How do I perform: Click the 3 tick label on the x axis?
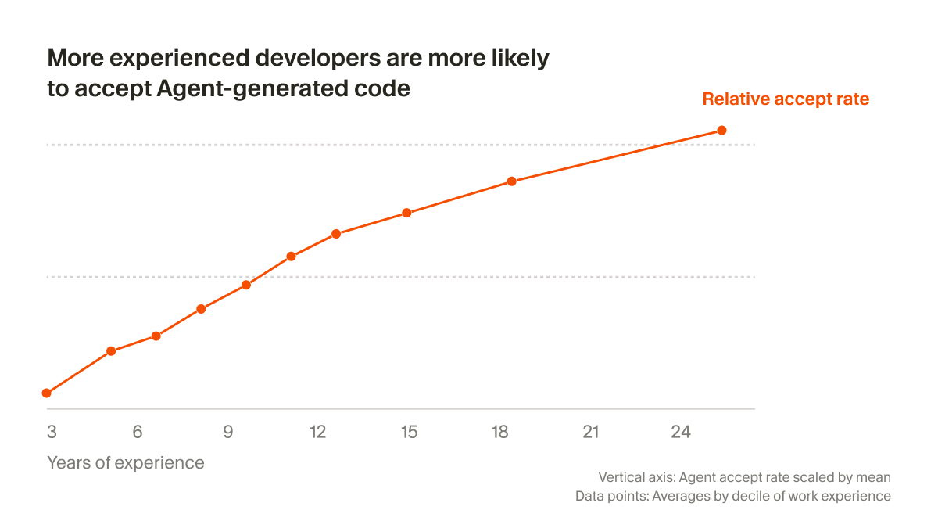tap(52, 432)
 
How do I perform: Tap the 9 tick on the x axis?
tap(228, 432)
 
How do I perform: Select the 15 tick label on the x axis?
tap(410, 432)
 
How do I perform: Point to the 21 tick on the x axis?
tap(590, 432)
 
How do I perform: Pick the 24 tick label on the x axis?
tap(681, 432)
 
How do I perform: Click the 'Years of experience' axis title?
tap(126, 462)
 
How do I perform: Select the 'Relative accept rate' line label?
tap(786, 99)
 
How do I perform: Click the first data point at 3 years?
tap(47, 393)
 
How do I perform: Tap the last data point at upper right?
tap(721, 130)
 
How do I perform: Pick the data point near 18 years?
tap(512, 181)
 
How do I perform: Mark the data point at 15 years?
tap(406, 213)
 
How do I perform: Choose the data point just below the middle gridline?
tap(246, 285)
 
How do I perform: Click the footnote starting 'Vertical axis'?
tap(744, 476)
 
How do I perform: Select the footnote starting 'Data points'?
tap(732, 496)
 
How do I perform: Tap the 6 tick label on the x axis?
tap(138, 432)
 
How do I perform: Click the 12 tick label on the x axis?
tap(317, 432)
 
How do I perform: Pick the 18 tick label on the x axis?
tap(499, 432)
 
